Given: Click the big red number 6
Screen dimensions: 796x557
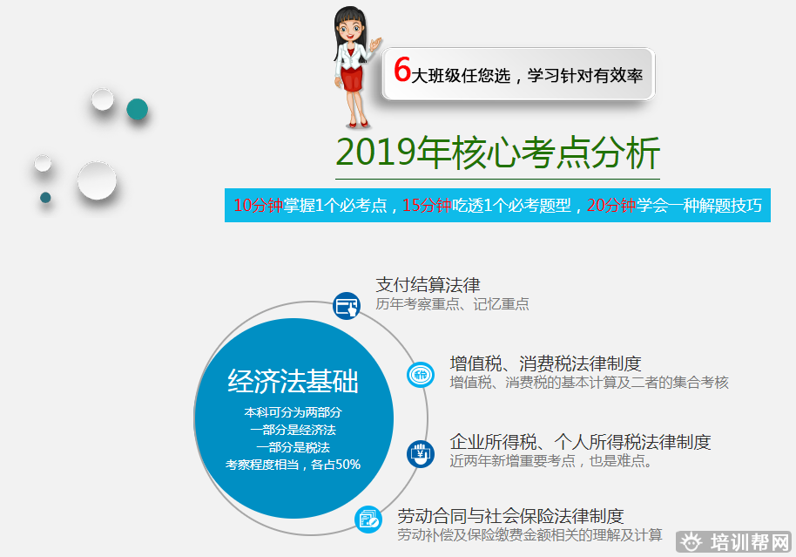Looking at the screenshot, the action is coord(402,69).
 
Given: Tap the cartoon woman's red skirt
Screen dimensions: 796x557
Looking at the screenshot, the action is coord(352,78).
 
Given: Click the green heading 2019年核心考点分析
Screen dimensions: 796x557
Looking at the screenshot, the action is coord(497,153).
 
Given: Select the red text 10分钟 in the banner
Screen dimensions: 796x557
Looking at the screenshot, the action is coord(258,206).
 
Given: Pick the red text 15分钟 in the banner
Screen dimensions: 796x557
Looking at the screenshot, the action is coord(427,206).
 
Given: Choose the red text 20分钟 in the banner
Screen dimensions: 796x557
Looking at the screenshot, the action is coord(611,206).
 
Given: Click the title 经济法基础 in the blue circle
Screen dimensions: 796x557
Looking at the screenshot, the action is coord(293,381).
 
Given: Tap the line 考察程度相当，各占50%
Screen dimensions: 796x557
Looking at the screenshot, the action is coord(293,465).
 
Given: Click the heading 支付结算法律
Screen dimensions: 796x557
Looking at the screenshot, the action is coord(428,284).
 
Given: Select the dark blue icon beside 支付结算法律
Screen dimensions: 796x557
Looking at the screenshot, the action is coord(347,306).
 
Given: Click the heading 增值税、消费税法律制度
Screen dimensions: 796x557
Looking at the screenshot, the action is coord(546,363).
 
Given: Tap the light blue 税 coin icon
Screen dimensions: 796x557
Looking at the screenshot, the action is coord(421,375).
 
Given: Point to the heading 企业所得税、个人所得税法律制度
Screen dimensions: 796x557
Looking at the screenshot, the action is coord(580,442).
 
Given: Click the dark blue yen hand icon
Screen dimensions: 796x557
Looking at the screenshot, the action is coord(421,453).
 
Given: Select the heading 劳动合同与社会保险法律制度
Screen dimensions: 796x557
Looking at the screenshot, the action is coord(510,516).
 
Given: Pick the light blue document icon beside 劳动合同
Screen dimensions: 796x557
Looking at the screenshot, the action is coord(368,520).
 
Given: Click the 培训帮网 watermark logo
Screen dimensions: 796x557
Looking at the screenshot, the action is coord(734,542).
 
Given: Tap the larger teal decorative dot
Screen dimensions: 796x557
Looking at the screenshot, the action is coord(137,109).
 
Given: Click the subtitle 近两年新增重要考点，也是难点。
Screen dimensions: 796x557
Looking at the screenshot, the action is coord(551,461).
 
